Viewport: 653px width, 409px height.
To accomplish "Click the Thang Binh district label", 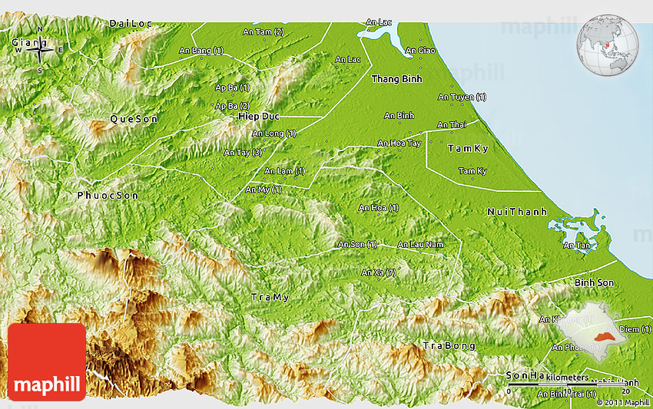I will coord(396,79).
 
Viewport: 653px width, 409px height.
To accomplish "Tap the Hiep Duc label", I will coord(257,116).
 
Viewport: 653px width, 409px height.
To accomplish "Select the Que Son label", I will coord(134,119).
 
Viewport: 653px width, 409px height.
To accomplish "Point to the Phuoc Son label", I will coord(108,196).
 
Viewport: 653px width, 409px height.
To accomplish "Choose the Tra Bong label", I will coord(449,346).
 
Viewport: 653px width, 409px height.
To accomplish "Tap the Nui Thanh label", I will coord(517,212).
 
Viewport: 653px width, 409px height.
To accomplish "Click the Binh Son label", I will coord(594,283).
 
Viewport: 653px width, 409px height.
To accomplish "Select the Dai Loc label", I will coord(129,24).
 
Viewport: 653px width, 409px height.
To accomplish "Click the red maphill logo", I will coord(47,361).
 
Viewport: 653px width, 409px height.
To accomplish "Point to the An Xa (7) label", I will coord(378,272).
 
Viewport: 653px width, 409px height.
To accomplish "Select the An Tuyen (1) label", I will coord(461,97).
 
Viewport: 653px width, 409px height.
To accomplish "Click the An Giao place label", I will coord(420,51).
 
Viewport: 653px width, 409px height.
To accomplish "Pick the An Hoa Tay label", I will coord(399,143).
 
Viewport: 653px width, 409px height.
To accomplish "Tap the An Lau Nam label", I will coord(420,245).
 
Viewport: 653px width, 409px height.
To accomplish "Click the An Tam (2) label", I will coord(263,32).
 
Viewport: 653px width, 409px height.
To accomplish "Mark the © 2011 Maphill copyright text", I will coord(624,402).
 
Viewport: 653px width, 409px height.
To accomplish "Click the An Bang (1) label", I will coord(201,51).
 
